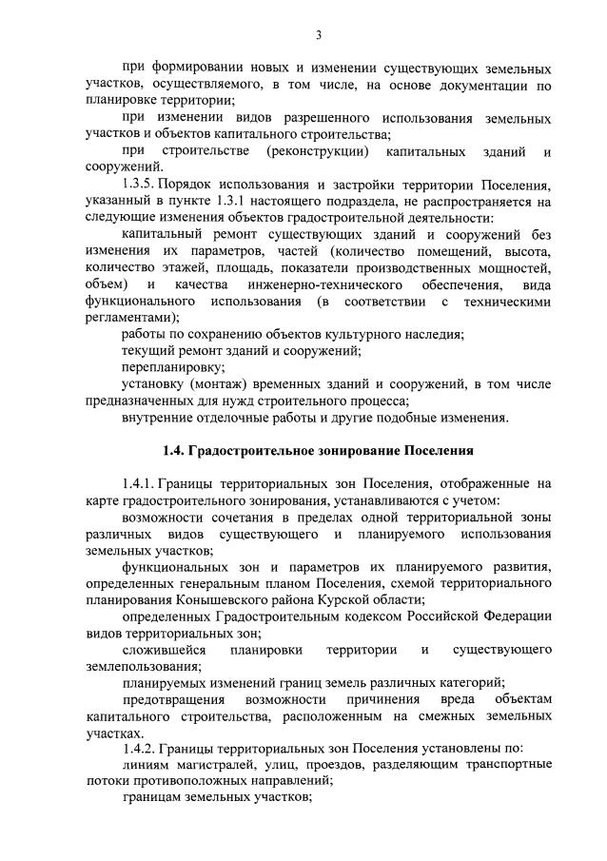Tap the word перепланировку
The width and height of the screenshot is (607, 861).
(x=161, y=366)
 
